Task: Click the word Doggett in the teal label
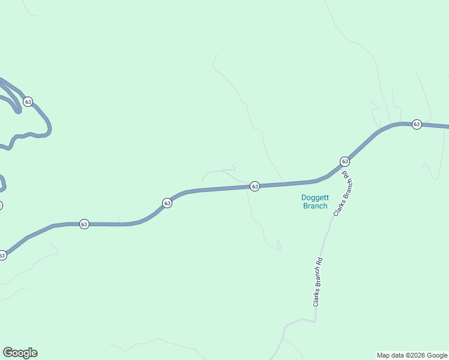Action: click(315, 197)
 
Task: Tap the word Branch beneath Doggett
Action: click(315, 206)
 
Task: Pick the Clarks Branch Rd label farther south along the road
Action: click(318, 282)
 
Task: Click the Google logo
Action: click(20, 353)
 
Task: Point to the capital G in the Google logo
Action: click(7, 352)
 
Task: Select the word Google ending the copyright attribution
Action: click(438, 355)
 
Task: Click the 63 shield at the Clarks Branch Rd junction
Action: click(345, 161)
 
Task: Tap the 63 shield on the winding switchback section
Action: click(28, 102)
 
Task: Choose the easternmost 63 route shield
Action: click(417, 124)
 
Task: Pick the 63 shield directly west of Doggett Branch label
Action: click(255, 187)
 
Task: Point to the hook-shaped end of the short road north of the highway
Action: click(233, 167)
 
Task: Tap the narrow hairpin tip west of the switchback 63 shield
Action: click(18, 112)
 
